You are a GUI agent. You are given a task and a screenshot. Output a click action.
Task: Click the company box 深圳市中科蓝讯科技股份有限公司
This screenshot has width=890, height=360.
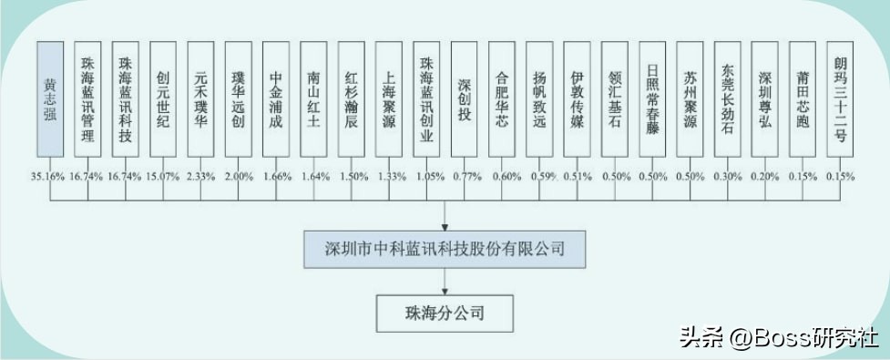click(445, 248)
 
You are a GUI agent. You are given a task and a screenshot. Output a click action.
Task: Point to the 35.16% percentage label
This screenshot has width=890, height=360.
click(48, 176)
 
